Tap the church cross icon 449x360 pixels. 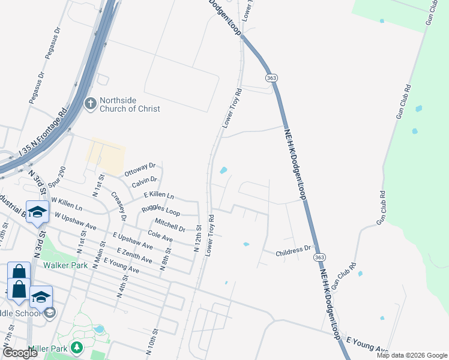click(90, 104)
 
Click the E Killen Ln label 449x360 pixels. click(159, 196)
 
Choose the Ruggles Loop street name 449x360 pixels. click(160, 211)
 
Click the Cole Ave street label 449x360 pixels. click(160, 239)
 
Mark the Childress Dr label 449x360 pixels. click(293, 251)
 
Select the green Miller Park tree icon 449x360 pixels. click(77, 347)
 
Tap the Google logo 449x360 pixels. click(20, 353)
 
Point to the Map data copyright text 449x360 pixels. click(411, 355)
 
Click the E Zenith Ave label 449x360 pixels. click(134, 255)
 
